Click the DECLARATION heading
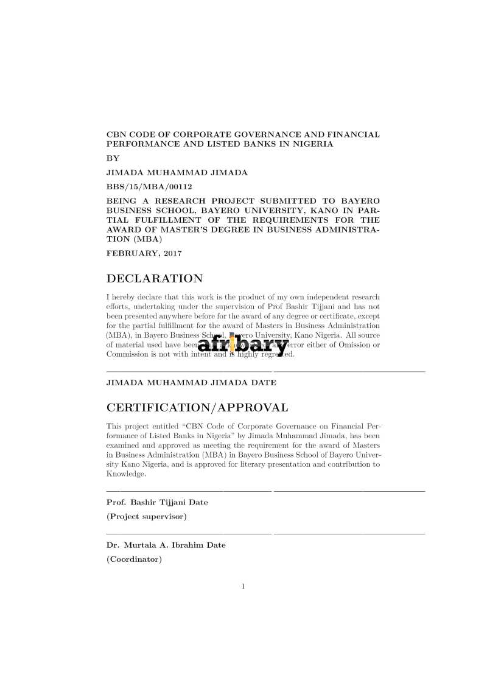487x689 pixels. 155,279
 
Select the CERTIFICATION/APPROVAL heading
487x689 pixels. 197,407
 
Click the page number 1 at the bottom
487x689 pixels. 243,587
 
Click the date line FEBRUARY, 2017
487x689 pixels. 144,253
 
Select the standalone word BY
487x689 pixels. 113,158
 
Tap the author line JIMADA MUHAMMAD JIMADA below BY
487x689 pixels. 177,172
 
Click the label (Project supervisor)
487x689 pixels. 147,517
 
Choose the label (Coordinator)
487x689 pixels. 135,559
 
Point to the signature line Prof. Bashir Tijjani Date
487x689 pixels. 157,503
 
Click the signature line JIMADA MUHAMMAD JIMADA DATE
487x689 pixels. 191,383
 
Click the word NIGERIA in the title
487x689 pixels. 312,144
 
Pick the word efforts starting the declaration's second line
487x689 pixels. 117,307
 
